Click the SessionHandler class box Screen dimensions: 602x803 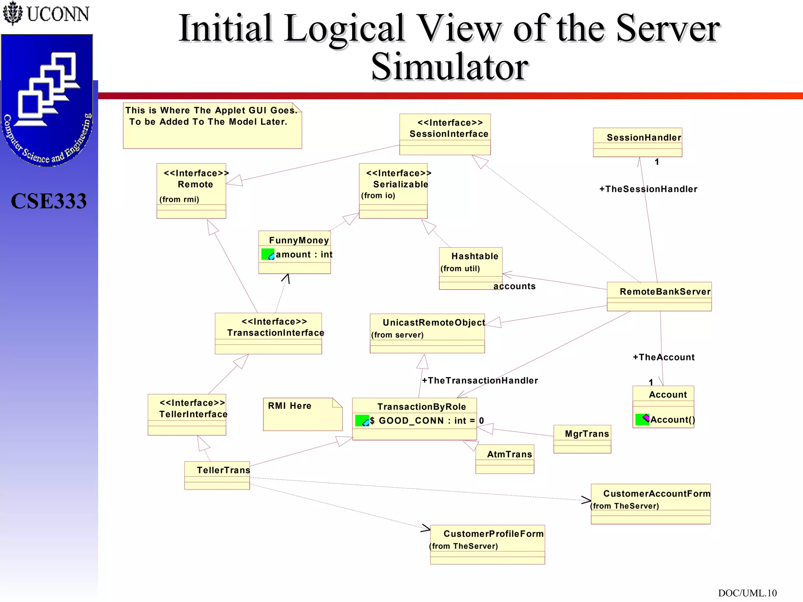[638, 142]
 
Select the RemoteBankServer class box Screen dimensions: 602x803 [659, 296]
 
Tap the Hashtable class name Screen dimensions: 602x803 [474, 256]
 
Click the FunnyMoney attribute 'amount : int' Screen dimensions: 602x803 [304, 255]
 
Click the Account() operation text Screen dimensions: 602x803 [672, 420]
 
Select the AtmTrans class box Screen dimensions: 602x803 [505, 459]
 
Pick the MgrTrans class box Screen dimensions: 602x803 [582, 439]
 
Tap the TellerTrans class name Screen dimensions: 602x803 [223, 470]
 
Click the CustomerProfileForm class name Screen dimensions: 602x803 [493, 534]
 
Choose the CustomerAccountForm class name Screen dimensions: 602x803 [656, 494]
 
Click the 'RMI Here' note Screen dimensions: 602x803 [302, 414]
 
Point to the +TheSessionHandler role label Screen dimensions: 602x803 [648, 189]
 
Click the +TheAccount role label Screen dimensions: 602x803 [663, 357]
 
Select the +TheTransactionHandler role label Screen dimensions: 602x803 [480, 381]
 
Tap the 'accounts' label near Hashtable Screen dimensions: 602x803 [514, 286]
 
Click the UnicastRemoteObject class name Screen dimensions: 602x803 [434, 323]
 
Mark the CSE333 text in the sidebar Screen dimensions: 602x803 [49, 201]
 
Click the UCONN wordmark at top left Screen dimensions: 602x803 [58, 14]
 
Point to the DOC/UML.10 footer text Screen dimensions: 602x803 [747, 593]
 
